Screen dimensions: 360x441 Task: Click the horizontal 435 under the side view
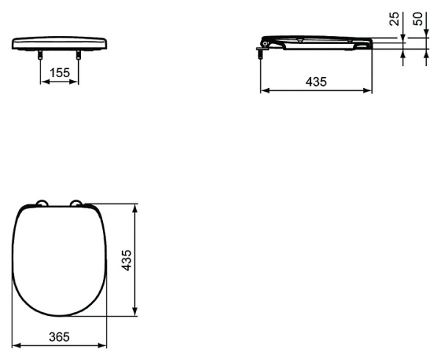coord(316,82)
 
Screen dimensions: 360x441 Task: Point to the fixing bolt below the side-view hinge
coord(260,52)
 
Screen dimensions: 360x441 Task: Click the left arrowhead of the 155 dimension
coord(43,82)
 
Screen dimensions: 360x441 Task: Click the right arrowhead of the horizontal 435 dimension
coord(369,91)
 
